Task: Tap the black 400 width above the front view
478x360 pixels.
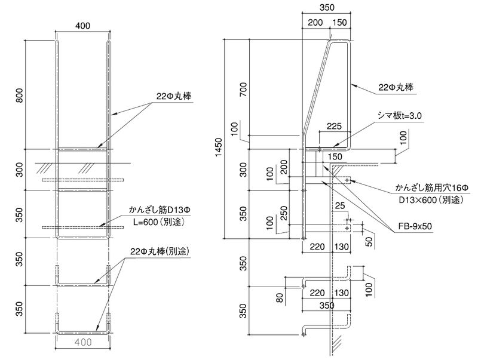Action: (84, 26)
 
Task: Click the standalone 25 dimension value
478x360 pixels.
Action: (341, 207)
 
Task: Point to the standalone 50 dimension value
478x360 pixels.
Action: (368, 242)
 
